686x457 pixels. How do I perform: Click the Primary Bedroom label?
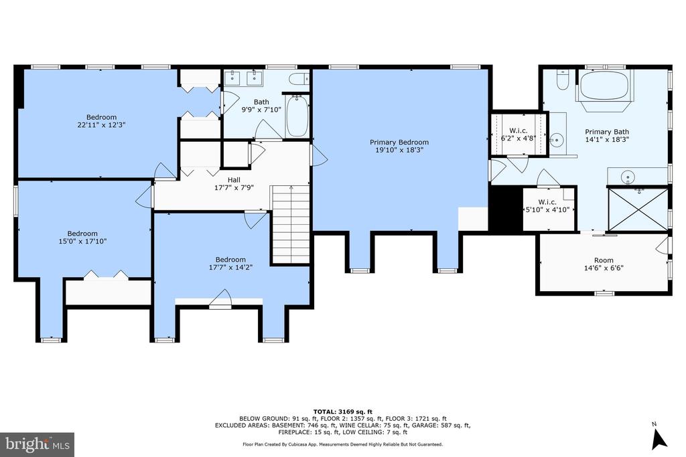tap(399, 142)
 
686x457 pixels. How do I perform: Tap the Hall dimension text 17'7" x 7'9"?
tap(234, 187)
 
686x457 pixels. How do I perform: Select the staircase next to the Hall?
tap(291, 225)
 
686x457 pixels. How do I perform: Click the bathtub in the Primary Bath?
tap(606, 86)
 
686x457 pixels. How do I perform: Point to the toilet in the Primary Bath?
tap(562, 80)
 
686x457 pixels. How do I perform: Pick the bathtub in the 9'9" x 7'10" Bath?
tap(297, 116)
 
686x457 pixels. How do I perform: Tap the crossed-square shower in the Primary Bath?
tap(638, 209)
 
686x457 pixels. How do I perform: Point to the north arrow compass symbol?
tap(659, 436)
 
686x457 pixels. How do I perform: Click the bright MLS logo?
tap(38, 445)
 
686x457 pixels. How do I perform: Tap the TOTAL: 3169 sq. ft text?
tap(342, 412)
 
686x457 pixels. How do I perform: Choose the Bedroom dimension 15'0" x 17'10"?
tap(82, 241)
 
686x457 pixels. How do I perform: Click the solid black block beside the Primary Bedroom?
tap(506, 209)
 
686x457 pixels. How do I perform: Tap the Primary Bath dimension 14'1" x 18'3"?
tap(607, 140)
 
